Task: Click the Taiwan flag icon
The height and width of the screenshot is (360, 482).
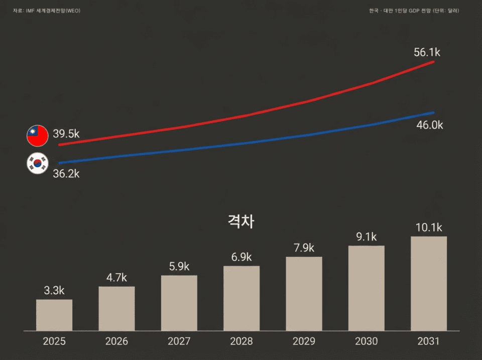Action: coord(37,136)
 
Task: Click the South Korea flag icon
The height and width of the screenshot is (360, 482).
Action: coord(37,164)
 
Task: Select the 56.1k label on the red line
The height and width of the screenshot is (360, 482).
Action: coord(427,52)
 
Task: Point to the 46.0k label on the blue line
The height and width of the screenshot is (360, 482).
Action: coord(430,125)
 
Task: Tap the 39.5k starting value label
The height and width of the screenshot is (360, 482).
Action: coord(66,134)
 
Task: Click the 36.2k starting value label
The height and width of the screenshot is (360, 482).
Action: coord(66,174)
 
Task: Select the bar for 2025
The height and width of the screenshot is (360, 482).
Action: coord(54,315)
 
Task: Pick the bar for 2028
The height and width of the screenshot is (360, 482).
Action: coord(242,298)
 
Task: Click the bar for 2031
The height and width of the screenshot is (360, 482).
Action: coord(429,284)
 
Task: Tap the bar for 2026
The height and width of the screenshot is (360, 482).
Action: coord(116,309)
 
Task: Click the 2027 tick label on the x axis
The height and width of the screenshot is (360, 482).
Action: coord(179,342)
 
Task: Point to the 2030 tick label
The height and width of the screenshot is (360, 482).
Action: coord(366,342)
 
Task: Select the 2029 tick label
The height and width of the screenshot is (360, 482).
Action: coord(304,342)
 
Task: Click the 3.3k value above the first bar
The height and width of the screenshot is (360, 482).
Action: coord(54,290)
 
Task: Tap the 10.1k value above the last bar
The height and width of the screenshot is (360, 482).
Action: coord(429,227)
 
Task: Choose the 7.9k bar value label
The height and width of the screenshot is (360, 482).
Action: coord(304,248)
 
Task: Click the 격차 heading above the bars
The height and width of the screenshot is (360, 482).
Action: coord(241,221)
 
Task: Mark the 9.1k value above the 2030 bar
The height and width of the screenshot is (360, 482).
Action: coord(366,236)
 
